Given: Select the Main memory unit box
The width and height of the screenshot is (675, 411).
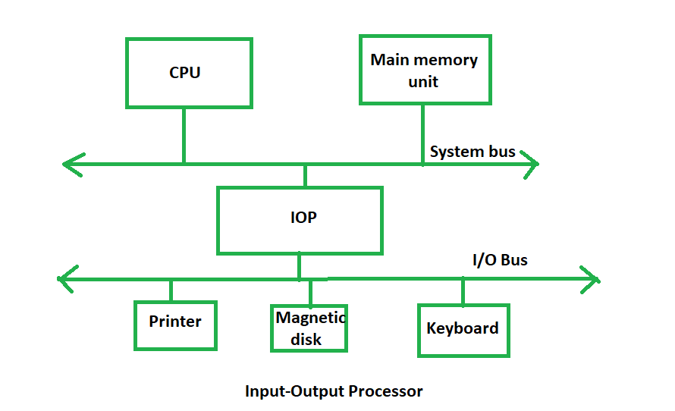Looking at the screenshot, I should coord(424,70).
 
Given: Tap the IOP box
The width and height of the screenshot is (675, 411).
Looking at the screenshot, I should coord(300,219).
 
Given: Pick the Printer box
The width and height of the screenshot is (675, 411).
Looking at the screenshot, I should coord(175,325).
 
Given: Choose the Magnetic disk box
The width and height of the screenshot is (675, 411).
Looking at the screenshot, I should coord(309,328).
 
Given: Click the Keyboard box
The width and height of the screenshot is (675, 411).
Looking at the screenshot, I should coord(463,329).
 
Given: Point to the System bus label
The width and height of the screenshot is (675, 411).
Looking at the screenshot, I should coord(472,152).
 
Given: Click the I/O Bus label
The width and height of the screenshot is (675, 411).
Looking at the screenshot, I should coord(500,260).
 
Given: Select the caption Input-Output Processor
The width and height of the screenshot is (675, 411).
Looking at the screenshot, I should coord(334,391).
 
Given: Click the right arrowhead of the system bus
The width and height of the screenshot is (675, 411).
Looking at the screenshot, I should coord(531,163).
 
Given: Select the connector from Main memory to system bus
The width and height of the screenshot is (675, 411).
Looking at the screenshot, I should coord(422,133).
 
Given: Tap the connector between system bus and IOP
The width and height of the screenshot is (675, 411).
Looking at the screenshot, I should coord(305,175).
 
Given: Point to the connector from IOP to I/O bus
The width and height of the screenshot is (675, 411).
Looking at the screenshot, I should coord(299,265).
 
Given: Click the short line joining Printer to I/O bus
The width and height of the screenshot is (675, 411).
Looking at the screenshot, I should coord(171,290).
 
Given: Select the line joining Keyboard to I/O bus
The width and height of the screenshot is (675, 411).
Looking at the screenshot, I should coord(463,292).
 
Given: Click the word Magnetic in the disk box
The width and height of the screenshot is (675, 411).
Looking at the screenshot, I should coord(310,318).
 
